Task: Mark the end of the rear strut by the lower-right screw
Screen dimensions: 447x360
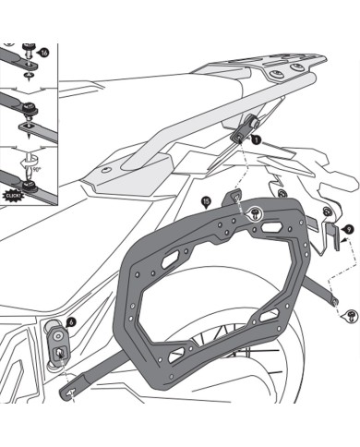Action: pos(338,302)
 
